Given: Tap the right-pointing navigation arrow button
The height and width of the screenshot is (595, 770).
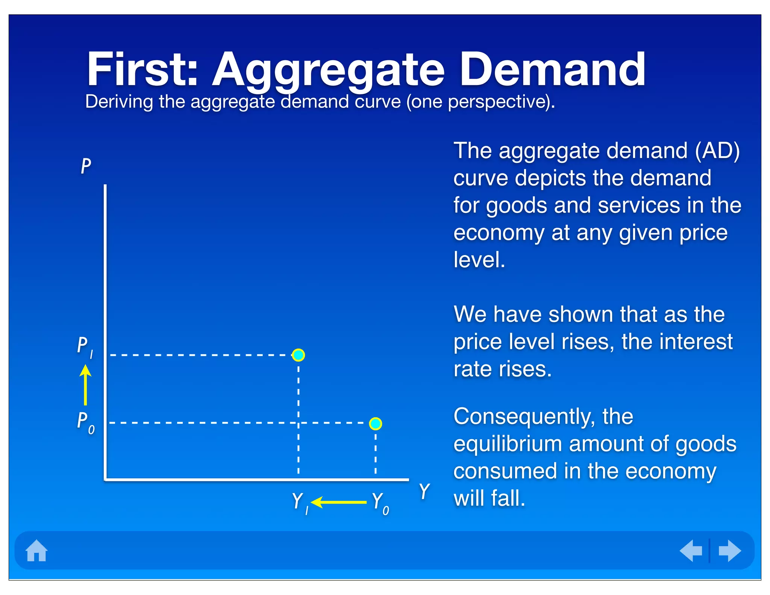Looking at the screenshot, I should click(x=729, y=551).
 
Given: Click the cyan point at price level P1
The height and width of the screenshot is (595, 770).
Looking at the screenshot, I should click(x=298, y=355).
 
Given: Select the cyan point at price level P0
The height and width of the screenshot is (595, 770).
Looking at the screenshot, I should click(x=375, y=423).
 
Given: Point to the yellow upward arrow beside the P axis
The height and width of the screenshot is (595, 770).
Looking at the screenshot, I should click(x=85, y=385).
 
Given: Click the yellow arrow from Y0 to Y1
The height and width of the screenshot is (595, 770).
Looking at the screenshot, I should click(x=338, y=502).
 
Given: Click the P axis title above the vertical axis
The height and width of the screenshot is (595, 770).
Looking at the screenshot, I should click(x=86, y=166).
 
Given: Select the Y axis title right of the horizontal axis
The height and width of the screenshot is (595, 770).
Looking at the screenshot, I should click(x=424, y=492).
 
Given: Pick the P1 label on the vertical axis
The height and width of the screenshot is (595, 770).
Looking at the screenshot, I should click(x=85, y=347).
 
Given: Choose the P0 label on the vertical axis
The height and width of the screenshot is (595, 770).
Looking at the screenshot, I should click(x=85, y=422).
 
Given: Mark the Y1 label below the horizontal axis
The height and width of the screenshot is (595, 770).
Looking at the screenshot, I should click(x=300, y=502).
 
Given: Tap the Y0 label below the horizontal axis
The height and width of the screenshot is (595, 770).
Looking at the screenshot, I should click(x=380, y=503).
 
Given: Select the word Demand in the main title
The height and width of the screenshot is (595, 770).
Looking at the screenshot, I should click(x=552, y=70).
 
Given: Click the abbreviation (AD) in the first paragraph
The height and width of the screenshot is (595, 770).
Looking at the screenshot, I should click(x=717, y=151).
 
